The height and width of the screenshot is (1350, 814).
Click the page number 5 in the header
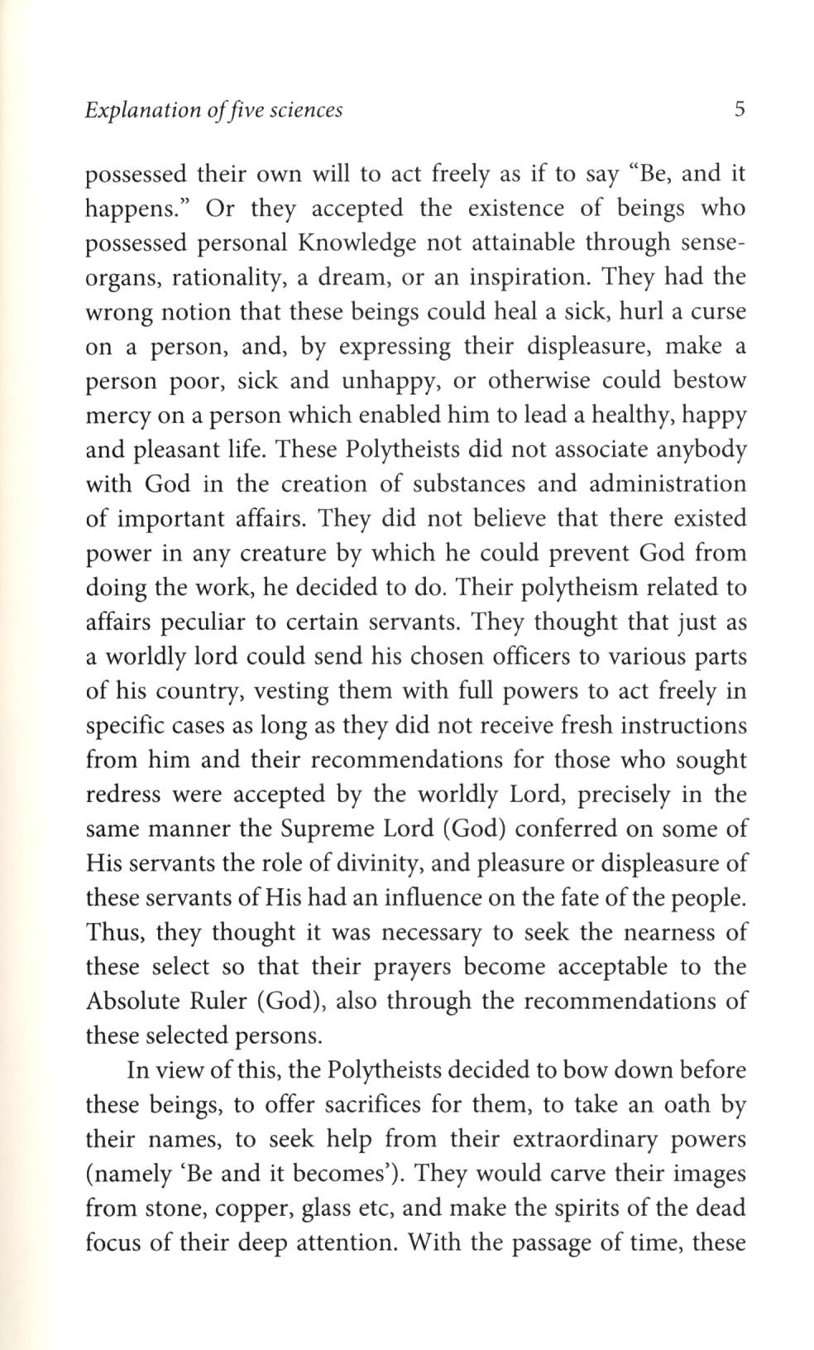739,109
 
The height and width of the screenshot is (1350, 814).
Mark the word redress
122,795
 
